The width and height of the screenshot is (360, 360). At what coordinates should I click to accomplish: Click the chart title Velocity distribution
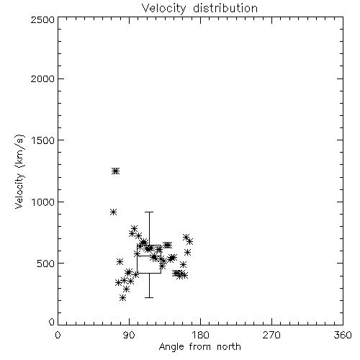pyautogui.click(x=199, y=9)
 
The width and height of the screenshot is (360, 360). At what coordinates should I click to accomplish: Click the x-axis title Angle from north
pyautogui.click(x=200, y=347)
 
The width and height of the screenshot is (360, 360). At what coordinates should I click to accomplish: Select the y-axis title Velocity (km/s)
pyautogui.click(x=19, y=171)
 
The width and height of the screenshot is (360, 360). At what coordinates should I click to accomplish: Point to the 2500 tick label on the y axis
pyautogui.click(x=42, y=19)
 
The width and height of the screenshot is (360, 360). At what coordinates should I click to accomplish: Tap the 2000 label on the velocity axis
pyautogui.click(x=42, y=78)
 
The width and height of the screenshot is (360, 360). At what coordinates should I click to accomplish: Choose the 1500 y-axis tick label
pyautogui.click(x=43, y=140)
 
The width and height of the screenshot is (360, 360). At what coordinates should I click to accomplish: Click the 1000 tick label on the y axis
pyautogui.click(x=43, y=202)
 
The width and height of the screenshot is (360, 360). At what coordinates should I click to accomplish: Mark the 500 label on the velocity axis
pyautogui.click(x=46, y=264)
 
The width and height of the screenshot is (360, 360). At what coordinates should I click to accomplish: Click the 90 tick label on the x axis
pyautogui.click(x=129, y=335)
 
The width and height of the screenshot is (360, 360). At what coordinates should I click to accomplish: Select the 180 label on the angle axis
pyautogui.click(x=200, y=335)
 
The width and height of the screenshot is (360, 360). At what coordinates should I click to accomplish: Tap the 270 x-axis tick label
pyautogui.click(x=271, y=335)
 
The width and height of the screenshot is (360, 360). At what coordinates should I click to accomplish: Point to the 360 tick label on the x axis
pyautogui.click(x=343, y=335)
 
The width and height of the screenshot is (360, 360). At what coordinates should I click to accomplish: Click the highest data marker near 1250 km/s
pyautogui.click(x=116, y=171)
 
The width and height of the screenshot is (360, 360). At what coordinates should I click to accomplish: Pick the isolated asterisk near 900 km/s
pyautogui.click(x=114, y=212)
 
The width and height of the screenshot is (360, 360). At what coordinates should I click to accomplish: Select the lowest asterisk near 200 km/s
pyautogui.click(x=123, y=298)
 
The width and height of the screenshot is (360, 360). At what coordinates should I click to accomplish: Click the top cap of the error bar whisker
pyautogui.click(x=149, y=212)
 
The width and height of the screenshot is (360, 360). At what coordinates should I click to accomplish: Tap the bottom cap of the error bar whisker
pyautogui.click(x=149, y=297)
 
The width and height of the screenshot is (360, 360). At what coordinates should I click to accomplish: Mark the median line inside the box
pyautogui.click(x=149, y=256)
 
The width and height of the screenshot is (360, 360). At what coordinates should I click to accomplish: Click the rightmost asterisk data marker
pyautogui.click(x=189, y=241)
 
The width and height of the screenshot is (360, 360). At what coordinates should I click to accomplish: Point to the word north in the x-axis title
pyautogui.click(x=229, y=347)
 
